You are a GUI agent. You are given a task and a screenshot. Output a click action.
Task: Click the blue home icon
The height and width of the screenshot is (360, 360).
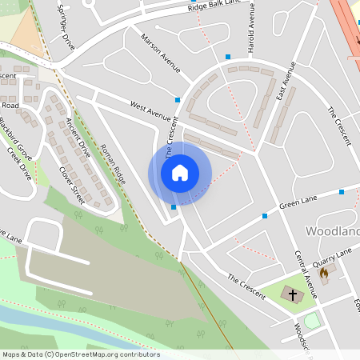pos(180,173)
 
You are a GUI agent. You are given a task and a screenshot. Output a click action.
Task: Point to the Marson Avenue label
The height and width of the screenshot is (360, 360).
pos(161,53)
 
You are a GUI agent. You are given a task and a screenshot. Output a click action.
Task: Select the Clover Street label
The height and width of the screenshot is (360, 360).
pos(71,182)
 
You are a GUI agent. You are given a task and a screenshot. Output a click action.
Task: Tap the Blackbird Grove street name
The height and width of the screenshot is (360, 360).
pos(15,138)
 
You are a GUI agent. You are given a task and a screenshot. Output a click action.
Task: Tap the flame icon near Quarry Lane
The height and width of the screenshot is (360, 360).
pos(324,273)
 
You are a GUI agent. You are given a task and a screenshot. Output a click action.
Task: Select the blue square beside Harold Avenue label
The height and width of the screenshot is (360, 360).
pos(228,56)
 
